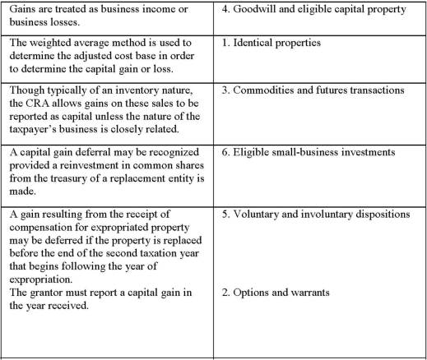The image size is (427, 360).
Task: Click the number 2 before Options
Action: click(226, 293)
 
